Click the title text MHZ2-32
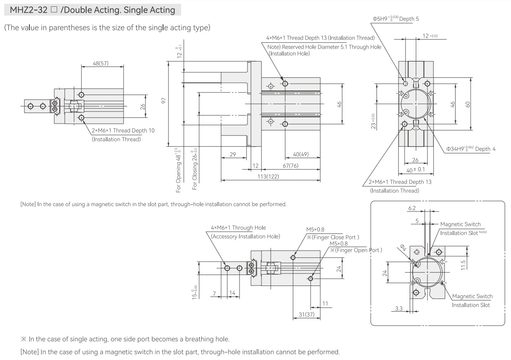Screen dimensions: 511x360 pos(29,10)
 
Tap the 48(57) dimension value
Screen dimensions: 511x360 pos(100,63)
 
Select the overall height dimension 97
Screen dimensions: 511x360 pos(163,101)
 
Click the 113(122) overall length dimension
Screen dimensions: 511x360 pos(268,177)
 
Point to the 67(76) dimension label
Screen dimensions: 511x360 pos(290,166)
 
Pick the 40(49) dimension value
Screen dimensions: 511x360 pos(300,154)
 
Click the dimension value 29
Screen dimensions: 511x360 pos(233,154)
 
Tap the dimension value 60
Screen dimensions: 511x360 pos(468,104)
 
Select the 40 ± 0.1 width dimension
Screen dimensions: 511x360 pos(416,170)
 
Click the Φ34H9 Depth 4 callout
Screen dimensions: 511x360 pos(471,149)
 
